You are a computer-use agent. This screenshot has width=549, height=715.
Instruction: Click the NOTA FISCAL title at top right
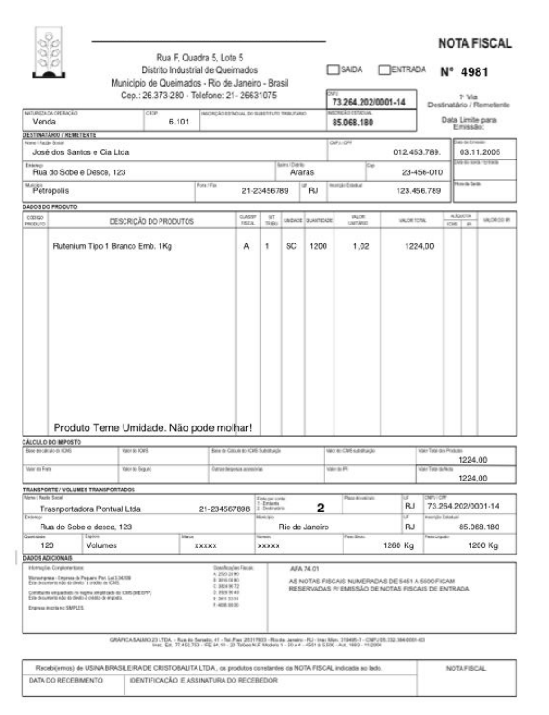[x=474, y=42]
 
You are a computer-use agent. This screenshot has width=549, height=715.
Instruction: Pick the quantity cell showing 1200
[x=318, y=245]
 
